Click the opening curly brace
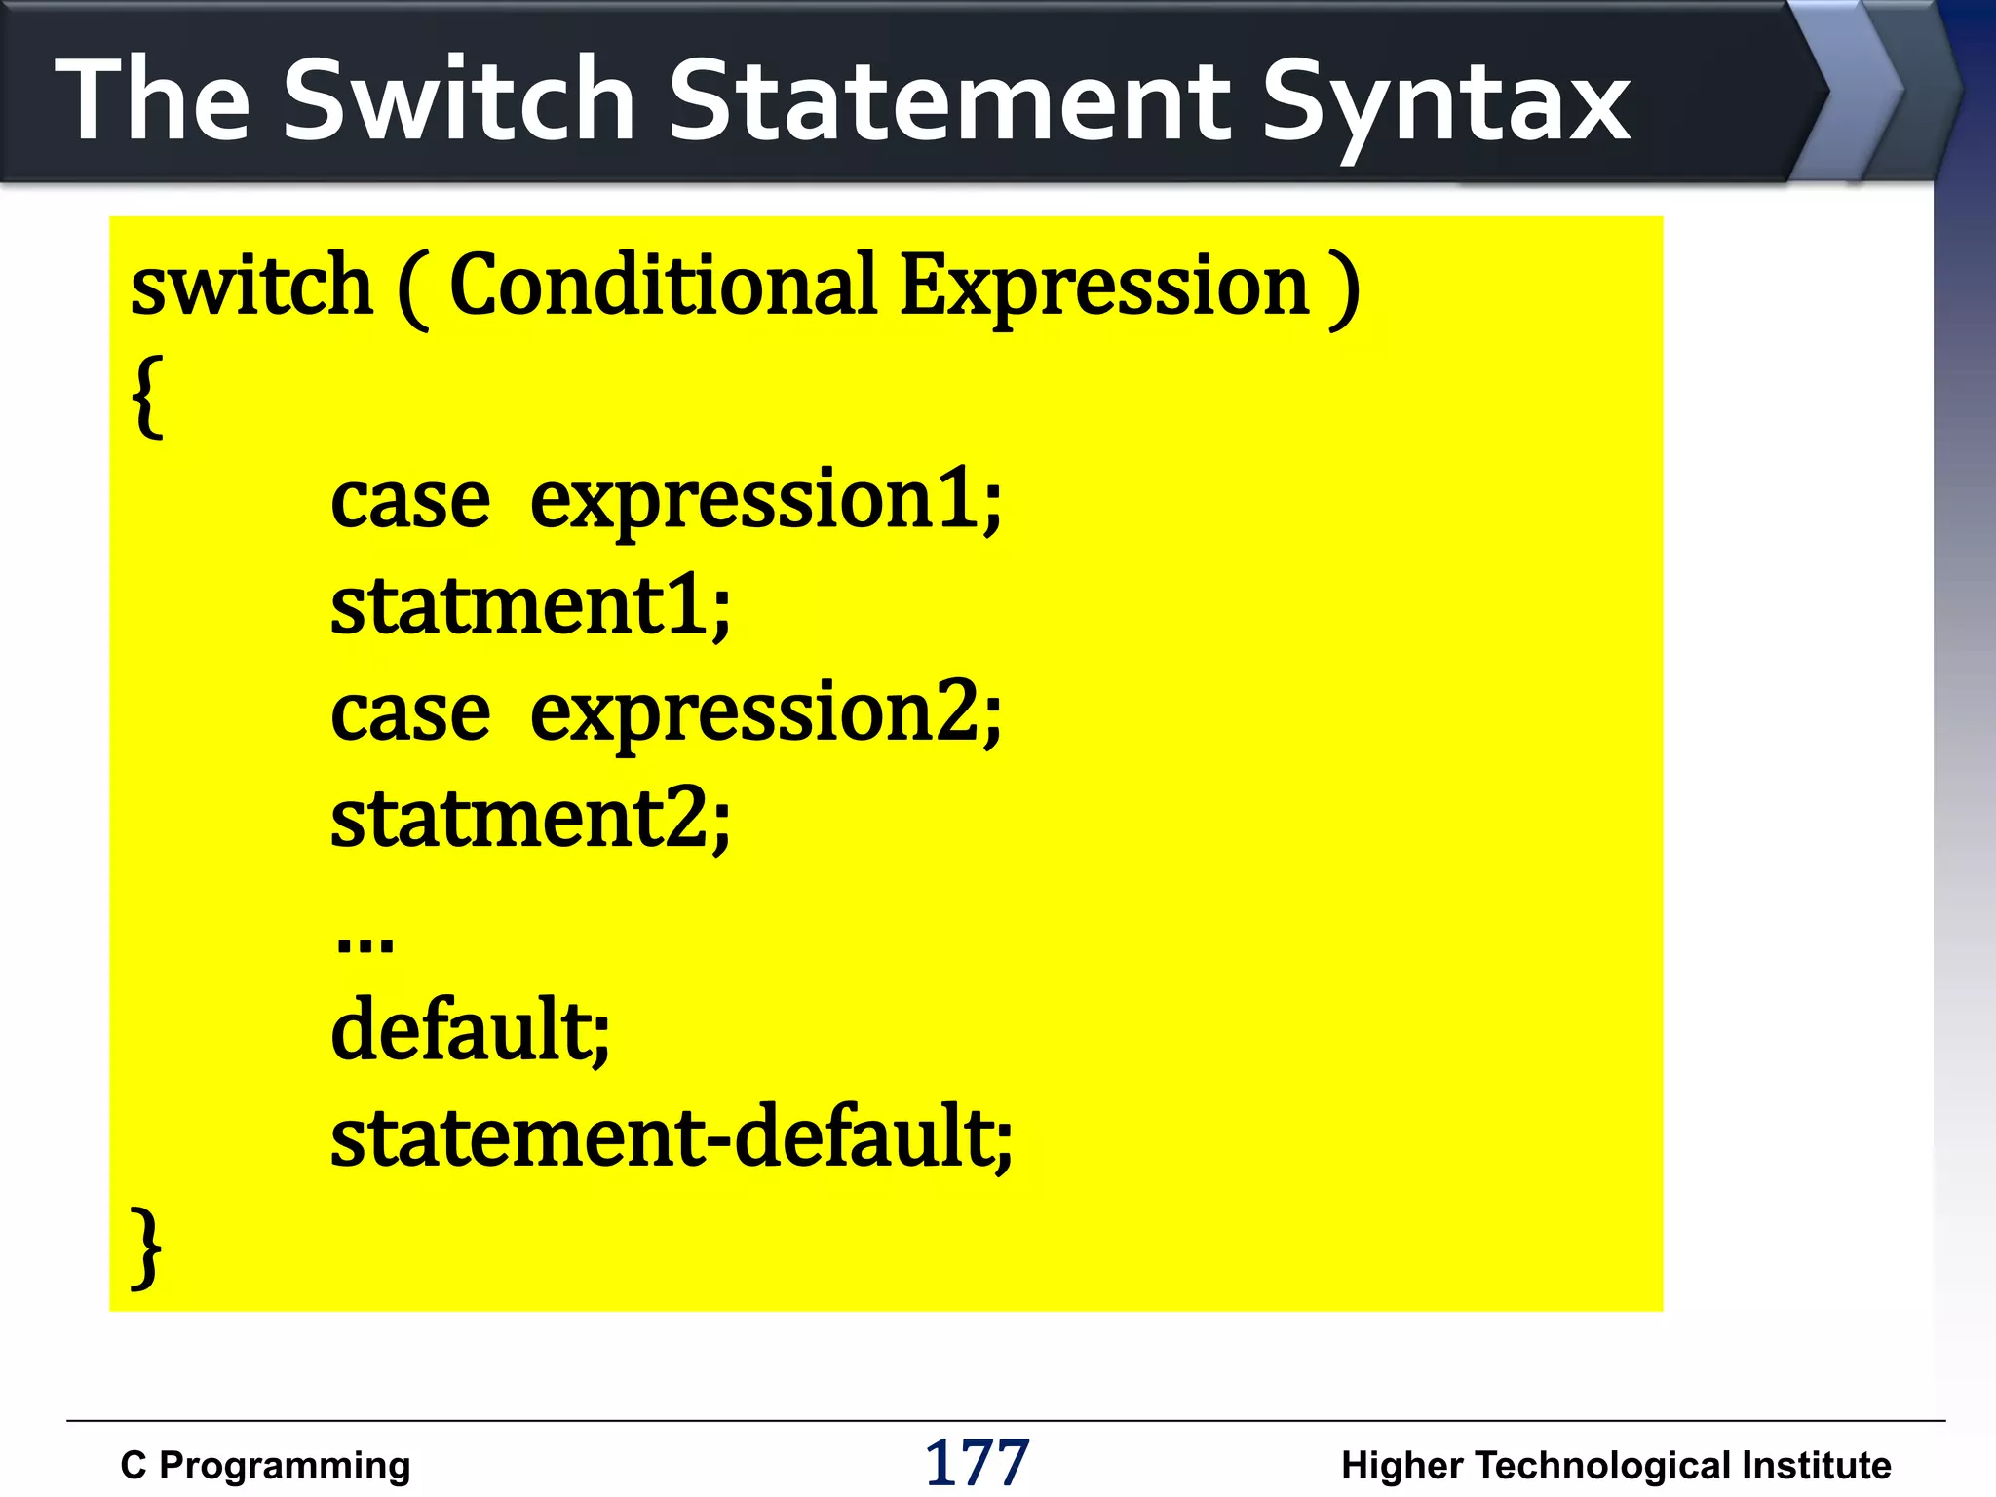click(x=147, y=396)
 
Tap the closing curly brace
click(x=146, y=1247)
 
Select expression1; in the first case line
click(x=765, y=502)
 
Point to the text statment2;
click(x=530, y=820)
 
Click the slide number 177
click(x=977, y=1463)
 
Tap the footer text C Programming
click(x=265, y=1466)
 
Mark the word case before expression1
click(x=410, y=502)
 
